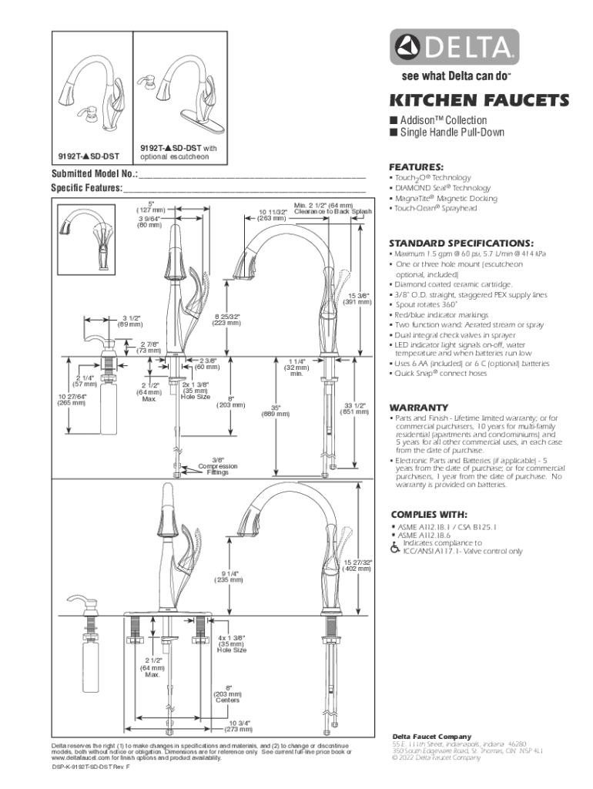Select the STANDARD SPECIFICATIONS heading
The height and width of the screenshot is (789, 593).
coord(461,241)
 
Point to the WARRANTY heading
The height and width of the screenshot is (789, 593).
coord(418,408)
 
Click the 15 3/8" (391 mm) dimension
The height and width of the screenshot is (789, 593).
coord(358,298)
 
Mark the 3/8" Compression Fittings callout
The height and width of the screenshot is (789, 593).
coord(217,466)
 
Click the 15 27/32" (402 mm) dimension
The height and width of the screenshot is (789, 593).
coord(358,566)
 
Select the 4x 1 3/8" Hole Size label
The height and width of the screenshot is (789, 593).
coord(231,643)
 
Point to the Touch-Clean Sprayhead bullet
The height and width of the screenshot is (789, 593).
coord(433,208)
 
